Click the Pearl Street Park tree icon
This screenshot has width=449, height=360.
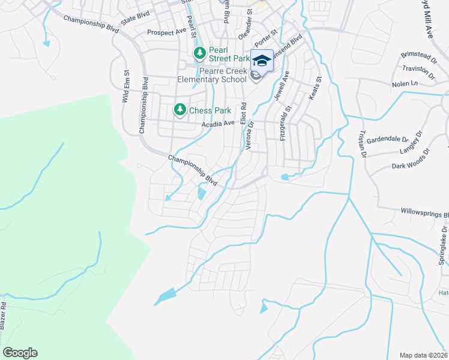[x=199, y=54]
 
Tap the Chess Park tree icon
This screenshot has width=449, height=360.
[x=179, y=110]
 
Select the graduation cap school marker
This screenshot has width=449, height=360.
[x=261, y=60]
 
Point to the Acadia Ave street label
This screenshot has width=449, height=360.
[x=218, y=124]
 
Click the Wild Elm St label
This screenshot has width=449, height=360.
[x=126, y=87]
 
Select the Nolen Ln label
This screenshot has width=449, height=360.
[x=405, y=85]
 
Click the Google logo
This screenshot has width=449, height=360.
[x=20, y=353]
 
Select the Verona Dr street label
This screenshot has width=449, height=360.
[x=250, y=135]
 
